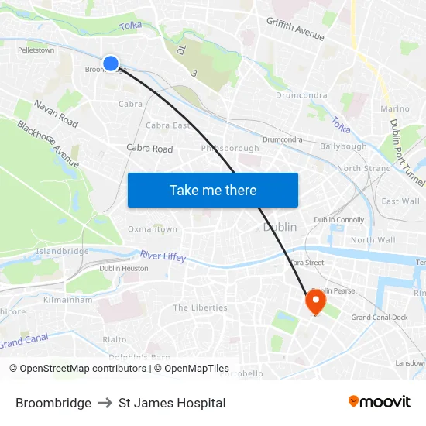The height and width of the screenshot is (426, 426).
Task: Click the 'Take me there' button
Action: tap(213, 190)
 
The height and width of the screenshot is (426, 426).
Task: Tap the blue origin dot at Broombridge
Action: tap(111, 64)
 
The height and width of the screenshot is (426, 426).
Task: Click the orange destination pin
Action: tap(315, 301)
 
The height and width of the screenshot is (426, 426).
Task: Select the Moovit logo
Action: tap(379, 401)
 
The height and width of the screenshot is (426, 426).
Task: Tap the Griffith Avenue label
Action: tap(294, 29)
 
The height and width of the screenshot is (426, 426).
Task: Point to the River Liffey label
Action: tap(163, 256)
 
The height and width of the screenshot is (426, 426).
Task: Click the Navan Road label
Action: tap(56, 114)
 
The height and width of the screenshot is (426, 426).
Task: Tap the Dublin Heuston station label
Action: tap(123, 268)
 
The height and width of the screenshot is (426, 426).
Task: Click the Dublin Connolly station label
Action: tap(338, 220)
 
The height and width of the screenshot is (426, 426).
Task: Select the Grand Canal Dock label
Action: tap(380, 318)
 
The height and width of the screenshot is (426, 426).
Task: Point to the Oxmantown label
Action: tap(153, 229)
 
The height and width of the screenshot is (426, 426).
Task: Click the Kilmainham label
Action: tap(68, 299)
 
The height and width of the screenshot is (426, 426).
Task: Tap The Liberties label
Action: tap(200, 307)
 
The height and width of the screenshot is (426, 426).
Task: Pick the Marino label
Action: tap(395, 109)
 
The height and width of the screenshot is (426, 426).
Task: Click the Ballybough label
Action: tap(343, 146)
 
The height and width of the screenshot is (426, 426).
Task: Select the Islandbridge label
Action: tap(62, 251)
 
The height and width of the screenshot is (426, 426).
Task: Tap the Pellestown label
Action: tap(36, 50)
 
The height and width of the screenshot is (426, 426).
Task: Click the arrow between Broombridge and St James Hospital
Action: tap(105, 403)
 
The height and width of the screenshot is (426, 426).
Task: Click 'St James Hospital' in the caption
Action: tap(172, 403)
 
